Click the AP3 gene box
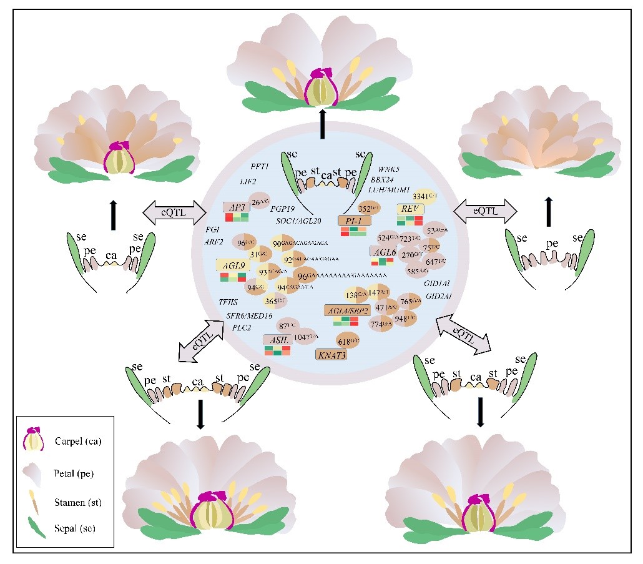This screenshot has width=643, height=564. point(237,207)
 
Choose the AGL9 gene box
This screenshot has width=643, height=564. point(233,265)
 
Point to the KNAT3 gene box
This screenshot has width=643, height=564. point(331,355)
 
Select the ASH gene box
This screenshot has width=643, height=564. point(278,339)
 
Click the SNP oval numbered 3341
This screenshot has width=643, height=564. point(425,195)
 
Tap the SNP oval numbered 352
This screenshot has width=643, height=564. point(368,208)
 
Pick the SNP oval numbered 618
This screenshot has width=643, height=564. point(348,341)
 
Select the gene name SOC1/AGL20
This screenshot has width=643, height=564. point(298,221)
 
